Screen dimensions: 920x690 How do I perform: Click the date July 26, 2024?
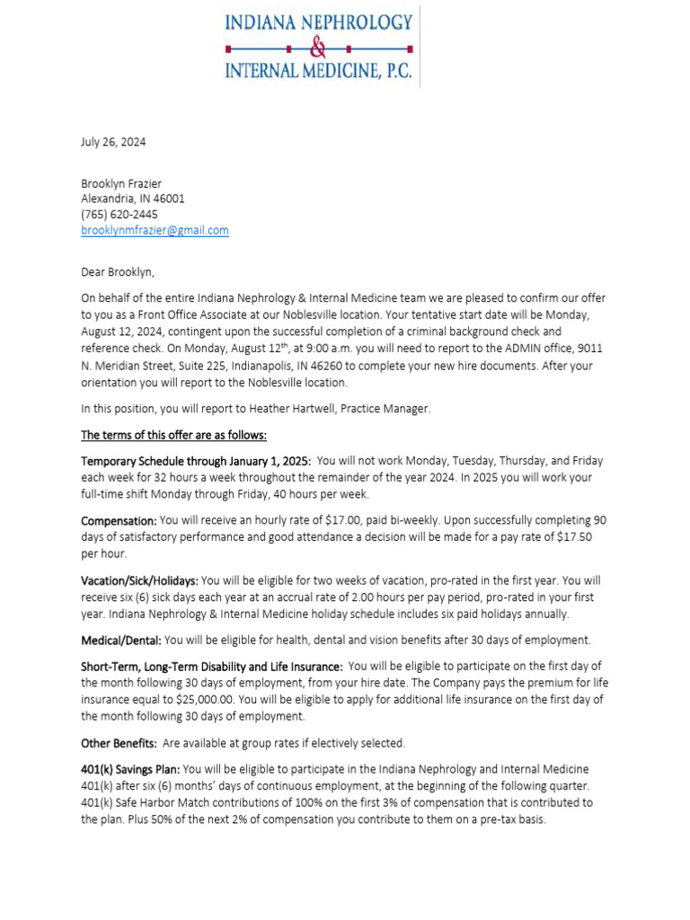point(113,142)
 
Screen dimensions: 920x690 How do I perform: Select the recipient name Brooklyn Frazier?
point(121,183)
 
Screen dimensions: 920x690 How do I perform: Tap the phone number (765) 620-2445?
point(119,215)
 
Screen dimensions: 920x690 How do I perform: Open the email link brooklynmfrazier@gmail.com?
point(155,230)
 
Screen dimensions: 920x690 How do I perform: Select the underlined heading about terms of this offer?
point(173,436)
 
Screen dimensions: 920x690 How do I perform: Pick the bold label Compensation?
point(119,521)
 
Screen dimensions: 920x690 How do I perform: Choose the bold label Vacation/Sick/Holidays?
point(139,581)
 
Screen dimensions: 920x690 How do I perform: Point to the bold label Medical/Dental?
point(121,641)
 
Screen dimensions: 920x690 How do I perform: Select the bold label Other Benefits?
point(119,744)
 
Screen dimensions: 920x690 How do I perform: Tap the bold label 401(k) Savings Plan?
point(130,770)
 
